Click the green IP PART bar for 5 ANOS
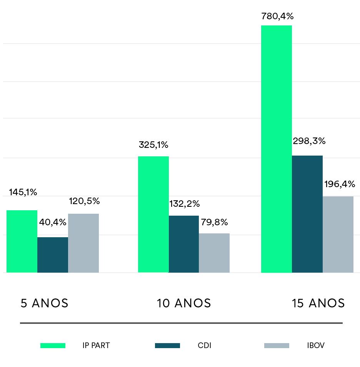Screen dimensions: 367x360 (22, 241)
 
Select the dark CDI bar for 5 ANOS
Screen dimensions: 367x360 (53, 255)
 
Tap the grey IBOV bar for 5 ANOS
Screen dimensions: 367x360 (83, 243)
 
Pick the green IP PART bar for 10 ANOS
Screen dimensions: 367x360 (153, 215)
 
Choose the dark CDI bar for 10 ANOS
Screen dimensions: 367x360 (184, 244)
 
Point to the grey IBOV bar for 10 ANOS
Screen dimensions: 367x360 (214, 253)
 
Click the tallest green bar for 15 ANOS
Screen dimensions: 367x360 (277, 149)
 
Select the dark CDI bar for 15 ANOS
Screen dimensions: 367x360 (307, 214)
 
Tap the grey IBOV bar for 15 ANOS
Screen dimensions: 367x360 (338, 235)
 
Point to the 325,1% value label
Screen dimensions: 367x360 (153, 145)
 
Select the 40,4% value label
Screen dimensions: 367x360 (53, 222)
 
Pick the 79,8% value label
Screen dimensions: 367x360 (214, 222)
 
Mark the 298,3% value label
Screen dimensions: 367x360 (309, 141)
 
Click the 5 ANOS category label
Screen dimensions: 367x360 (44, 303)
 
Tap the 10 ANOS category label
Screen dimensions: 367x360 (184, 303)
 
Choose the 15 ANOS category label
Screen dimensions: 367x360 (318, 303)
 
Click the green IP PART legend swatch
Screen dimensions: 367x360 (53, 345)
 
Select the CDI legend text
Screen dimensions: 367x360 (205, 345)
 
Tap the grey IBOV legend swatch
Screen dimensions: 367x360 (277, 345)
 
